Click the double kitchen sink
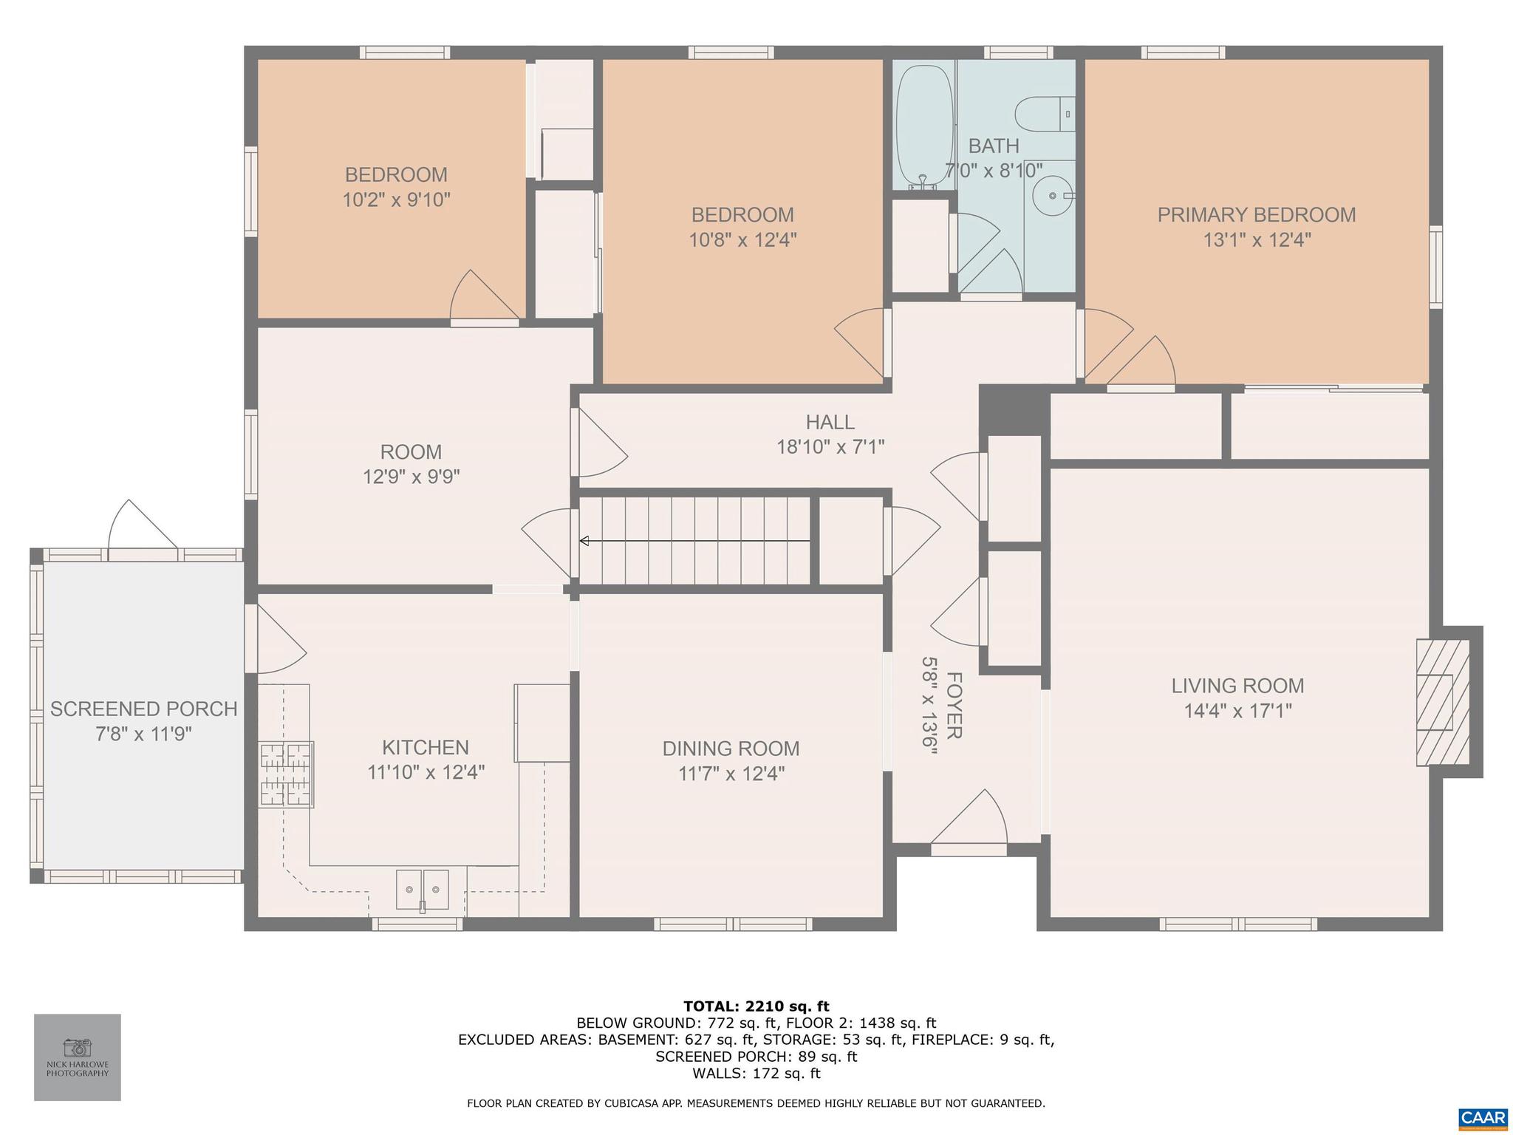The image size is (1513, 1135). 422,890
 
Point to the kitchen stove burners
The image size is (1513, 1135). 287,774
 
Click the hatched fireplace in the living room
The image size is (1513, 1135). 1441,702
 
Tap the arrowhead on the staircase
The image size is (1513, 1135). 584,542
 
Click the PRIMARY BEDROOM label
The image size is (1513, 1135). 1256,215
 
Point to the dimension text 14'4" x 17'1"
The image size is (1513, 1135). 1237,711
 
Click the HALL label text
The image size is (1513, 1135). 830,422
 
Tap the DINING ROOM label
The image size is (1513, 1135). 731,749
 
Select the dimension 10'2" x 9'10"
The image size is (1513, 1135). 396,200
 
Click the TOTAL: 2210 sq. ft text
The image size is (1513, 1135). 756,1006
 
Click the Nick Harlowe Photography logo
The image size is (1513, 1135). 78,1057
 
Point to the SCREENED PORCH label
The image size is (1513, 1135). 144,709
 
